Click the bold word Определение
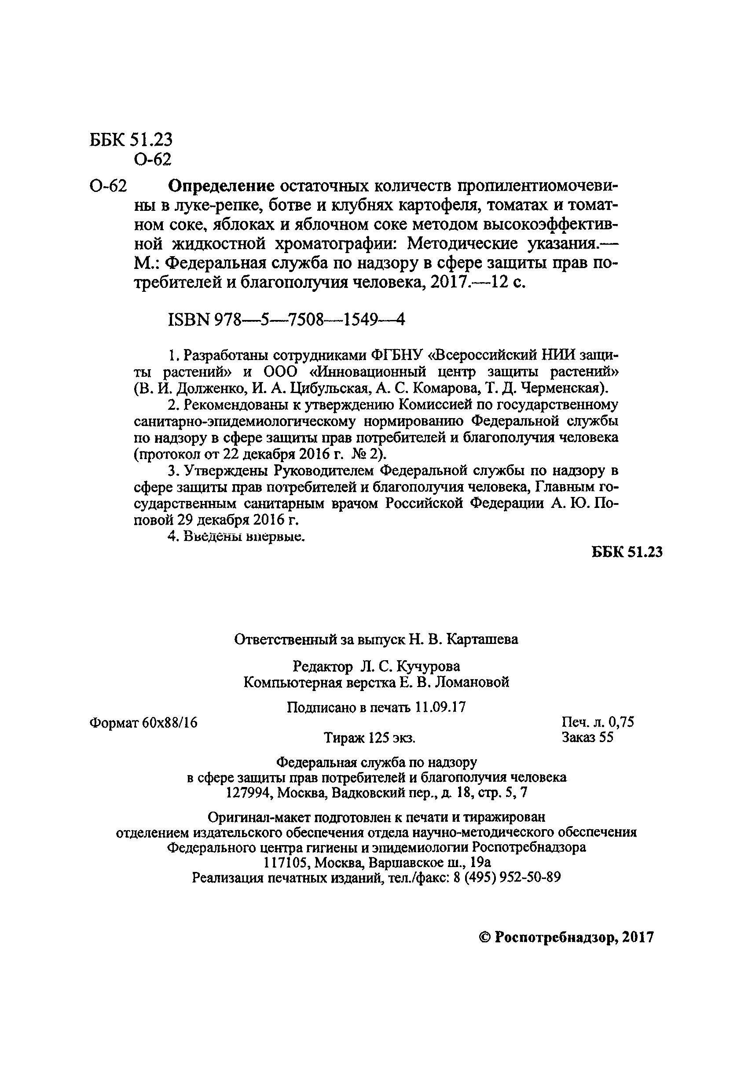coord(221,186)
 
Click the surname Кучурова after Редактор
coord(428,666)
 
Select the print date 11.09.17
coord(440,708)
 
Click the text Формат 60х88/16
coord(143,723)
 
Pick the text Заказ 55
coord(587,737)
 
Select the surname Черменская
coord(561,388)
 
